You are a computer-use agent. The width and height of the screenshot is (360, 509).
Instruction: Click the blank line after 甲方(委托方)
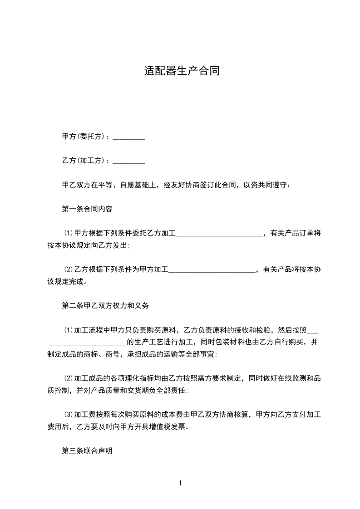pos(128,137)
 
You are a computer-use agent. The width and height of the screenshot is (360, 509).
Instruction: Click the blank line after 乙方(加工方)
pos(128,161)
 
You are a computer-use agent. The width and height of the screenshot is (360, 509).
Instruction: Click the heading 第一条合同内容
pos(87,209)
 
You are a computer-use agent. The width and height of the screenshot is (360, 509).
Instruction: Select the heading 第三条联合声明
pos(87,451)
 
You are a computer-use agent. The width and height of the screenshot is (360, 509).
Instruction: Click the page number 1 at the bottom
pos(180,483)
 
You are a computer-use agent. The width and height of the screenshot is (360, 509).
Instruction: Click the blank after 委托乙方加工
pos(219,234)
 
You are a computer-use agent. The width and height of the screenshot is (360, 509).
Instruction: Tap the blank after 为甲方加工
pos(212,270)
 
